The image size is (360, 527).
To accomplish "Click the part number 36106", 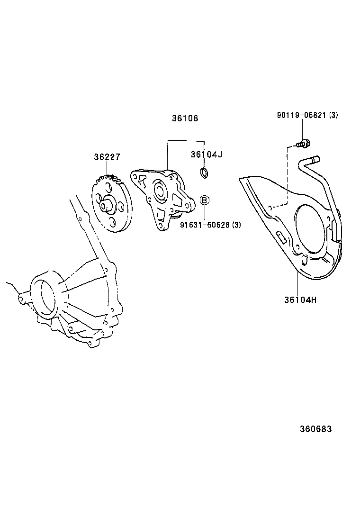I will [185, 118].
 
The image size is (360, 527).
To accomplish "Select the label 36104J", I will [207, 154].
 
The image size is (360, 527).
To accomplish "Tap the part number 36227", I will [107, 157].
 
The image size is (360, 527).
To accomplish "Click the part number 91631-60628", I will [205, 225].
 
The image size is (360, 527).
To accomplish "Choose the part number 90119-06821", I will [301, 115].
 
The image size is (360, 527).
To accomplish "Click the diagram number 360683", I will [315, 429].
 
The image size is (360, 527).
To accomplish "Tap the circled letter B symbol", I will [204, 200].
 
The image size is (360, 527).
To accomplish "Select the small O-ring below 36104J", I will [204, 173].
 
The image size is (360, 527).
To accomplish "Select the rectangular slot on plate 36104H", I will [280, 237].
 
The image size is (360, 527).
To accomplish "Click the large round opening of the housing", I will [46, 296].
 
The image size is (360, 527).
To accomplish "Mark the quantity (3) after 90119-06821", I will [333, 115].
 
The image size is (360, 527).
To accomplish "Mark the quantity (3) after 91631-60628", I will [236, 225].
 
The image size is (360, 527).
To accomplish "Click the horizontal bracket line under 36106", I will [185, 141].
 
